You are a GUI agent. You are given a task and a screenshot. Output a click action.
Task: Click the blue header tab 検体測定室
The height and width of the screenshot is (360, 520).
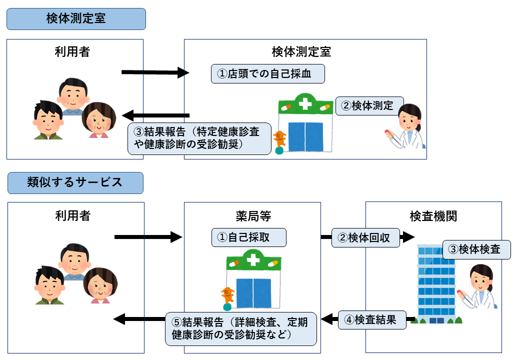point(75,19)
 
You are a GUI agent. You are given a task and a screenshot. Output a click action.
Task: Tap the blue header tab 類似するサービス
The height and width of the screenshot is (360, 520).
point(75,182)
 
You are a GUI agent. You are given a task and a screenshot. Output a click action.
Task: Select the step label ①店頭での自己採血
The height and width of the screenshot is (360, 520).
point(268,74)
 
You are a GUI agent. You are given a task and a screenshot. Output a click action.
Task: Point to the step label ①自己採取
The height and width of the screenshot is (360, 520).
point(248,237)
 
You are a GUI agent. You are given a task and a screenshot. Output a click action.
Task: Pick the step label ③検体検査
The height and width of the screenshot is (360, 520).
point(476,249)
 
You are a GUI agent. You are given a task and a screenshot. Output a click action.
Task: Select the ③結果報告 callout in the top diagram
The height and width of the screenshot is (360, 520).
point(200,138)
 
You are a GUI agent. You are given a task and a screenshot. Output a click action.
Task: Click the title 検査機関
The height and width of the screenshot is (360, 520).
point(433,216)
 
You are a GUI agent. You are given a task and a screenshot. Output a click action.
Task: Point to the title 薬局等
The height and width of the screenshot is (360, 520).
point(252,216)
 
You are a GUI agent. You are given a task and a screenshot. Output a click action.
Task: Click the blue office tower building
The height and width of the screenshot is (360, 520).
point(436,282)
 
